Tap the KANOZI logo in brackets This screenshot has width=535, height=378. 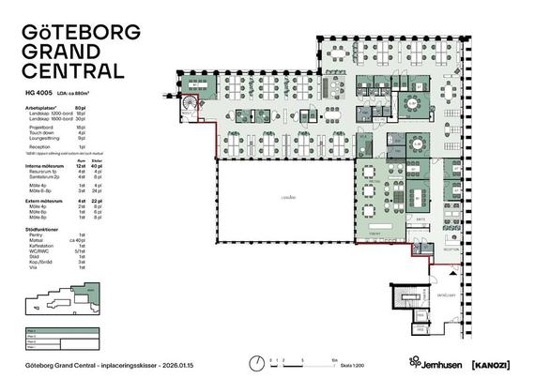coord(490,361)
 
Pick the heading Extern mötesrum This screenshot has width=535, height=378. coord(46,201)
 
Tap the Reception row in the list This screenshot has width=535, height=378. coord(41,147)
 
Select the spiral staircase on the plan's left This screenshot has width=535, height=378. coord(190,103)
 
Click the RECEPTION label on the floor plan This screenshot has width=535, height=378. coord(451,249)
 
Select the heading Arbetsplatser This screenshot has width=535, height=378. coord(41,109)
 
